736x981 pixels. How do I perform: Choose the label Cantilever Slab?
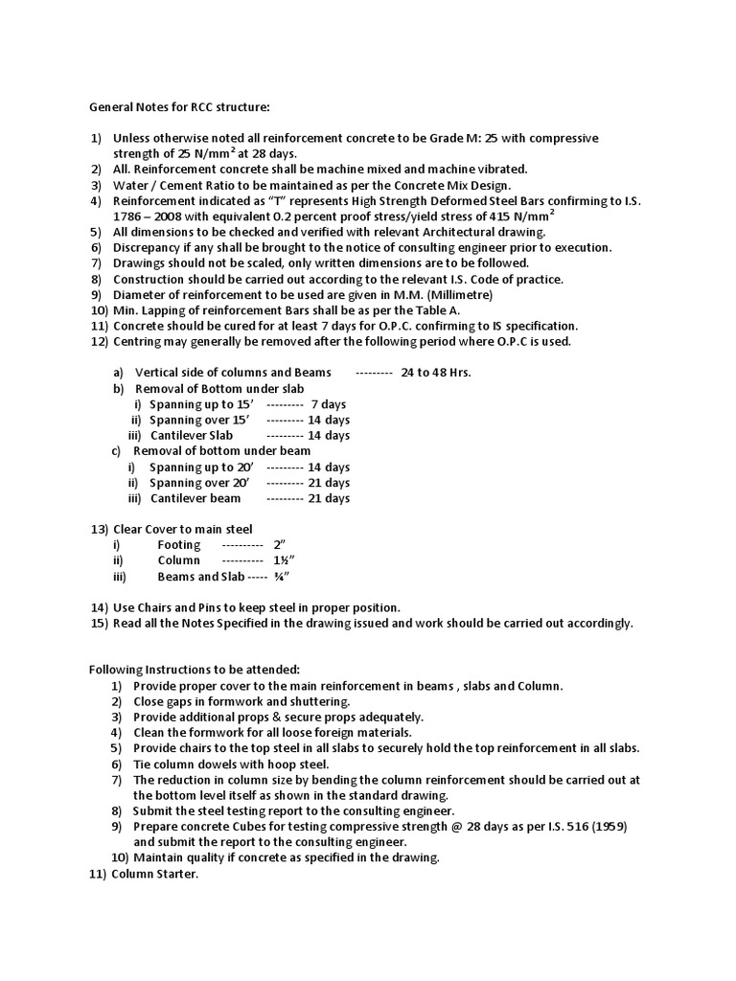pos(191,435)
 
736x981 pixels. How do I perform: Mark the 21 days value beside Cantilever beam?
pos(328,498)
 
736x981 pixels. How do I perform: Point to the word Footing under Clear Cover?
pos(179,545)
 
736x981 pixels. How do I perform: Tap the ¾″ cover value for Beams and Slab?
pos(282,577)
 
